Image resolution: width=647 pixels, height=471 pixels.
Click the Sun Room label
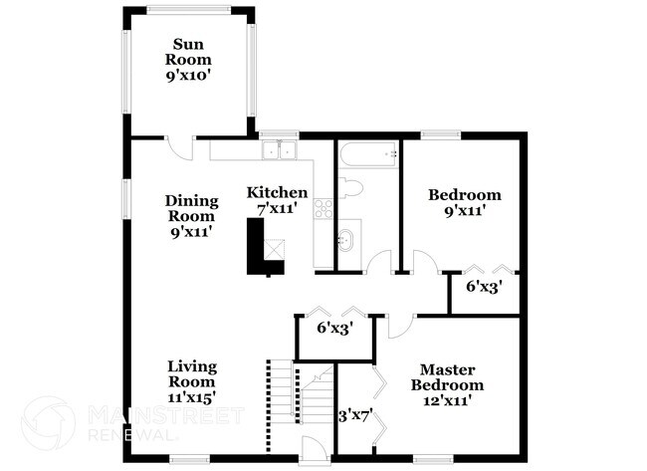[x=189, y=52]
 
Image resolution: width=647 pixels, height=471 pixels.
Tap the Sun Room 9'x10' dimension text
[x=189, y=73]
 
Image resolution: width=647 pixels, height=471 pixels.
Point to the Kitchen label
[x=277, y=192]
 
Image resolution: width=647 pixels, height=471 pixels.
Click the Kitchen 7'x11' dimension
[x=277, y=209]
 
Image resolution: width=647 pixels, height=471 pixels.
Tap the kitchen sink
[x=280, y=151]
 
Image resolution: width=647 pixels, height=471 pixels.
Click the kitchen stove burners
[x=323, y=208]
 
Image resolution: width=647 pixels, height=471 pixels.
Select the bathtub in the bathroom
[x=367, y=153]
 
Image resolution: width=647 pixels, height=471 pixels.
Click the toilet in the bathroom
[x=349, y=189]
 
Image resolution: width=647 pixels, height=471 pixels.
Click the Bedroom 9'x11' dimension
[x=464, y=212]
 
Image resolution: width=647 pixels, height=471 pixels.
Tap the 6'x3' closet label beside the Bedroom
[x=484, y=286]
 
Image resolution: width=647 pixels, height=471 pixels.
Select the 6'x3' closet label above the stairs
[x=333, y=328]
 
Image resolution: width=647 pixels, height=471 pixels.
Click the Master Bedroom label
[x=451, y=377]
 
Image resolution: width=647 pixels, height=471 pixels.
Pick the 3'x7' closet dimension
[x=354, y=417]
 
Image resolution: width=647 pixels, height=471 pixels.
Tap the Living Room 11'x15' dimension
[x=191, y=396]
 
